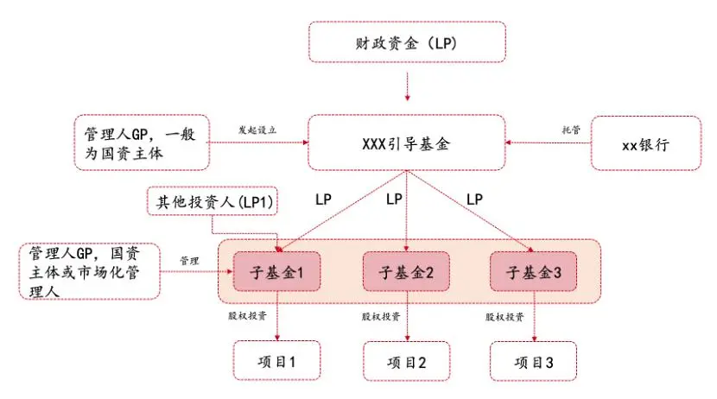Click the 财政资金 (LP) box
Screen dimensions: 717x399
coord(407,42)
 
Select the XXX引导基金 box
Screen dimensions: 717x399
coord(407,142)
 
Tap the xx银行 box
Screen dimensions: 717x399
coord(645,143)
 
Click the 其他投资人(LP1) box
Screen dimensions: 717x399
coord(213,200)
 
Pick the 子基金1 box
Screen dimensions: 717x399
coord(276,271)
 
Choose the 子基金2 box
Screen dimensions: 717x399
coord(406,271)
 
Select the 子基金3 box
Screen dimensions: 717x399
coord(533,271)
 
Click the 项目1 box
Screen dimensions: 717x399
coord(276,361)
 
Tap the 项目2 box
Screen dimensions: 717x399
coord(407,361)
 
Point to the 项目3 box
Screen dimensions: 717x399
coord(533,361)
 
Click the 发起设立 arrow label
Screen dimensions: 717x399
coord(257,130)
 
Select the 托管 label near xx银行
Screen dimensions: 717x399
coord(571,130)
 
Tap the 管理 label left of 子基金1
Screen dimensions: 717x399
coord(189,261)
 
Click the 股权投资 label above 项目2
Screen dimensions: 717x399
coord(381,316)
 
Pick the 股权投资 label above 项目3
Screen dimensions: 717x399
coord(504,317)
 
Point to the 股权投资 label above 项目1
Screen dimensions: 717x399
coord(247,316)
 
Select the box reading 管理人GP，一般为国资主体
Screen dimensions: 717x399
coord(142,142)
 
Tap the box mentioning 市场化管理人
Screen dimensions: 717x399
coord(90,271)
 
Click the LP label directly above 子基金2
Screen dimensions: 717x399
coord(394,199)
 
